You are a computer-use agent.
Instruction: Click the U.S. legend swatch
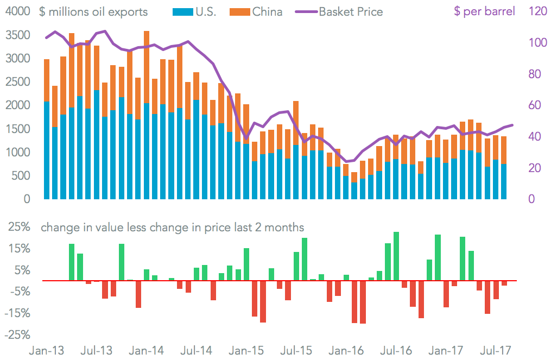(x=181, y=11)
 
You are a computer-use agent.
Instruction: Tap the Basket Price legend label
(x=351, y=11)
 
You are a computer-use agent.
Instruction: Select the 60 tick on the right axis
(x=528, y=105)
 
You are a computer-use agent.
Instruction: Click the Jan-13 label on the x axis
(x=46, y=350)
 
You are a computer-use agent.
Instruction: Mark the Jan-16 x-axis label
(x=346, y=350)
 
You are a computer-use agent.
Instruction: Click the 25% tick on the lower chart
(x=19, y=227)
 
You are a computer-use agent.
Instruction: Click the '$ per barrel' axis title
(x=484, y=11)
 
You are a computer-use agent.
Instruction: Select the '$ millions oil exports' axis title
(x=93, y=11)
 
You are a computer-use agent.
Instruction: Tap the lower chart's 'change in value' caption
(x=172, y=228)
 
